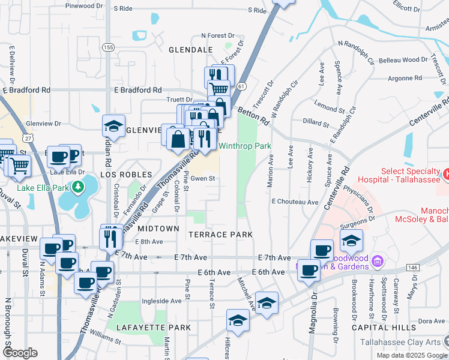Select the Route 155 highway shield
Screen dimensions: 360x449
click(108, 47)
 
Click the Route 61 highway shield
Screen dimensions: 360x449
click(241, 86)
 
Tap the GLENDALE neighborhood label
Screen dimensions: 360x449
click(191, 49)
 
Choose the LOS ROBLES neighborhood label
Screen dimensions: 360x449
click(124, 174)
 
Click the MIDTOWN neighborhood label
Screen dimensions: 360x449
click(158, 229)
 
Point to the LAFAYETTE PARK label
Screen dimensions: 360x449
click(154, 328)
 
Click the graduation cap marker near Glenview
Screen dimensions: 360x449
click(113, 127)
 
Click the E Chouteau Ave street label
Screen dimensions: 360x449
click(295, 202)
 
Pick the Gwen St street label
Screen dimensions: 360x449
click(203, 178)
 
